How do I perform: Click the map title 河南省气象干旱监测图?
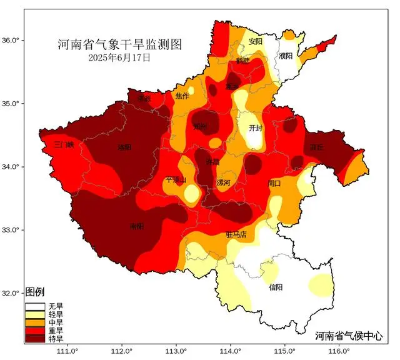coord(121,45)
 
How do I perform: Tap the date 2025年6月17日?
coord(119,58)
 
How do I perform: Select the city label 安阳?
coord(256,42)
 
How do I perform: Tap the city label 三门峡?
coord(64,144)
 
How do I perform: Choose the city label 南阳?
coord(137,226)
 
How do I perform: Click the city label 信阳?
coord(276,287)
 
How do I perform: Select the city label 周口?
coord(274,184)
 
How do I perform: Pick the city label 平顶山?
coord(176,180)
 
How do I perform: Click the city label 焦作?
coord(182,96)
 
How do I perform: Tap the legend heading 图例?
coord(34,292)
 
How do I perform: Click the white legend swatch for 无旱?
coord(34,307)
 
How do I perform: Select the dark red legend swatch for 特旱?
coord(34,339)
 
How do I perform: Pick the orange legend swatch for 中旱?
coord(34,322)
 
